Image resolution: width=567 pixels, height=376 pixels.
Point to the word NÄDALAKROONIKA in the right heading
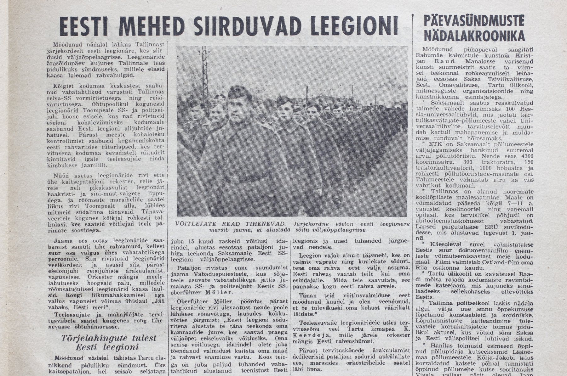[474, 36]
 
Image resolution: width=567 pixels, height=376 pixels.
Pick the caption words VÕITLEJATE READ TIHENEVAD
[230, 224]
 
